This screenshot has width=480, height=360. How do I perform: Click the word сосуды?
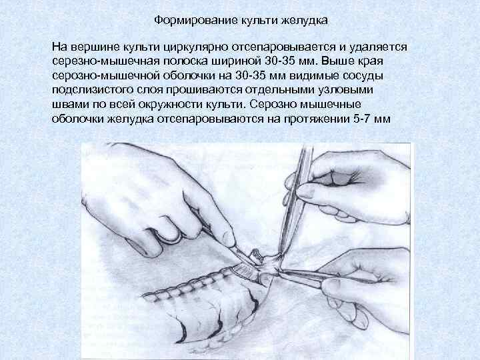363,77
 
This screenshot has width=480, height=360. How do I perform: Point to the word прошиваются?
204,91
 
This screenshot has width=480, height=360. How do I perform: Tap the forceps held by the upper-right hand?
294,202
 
